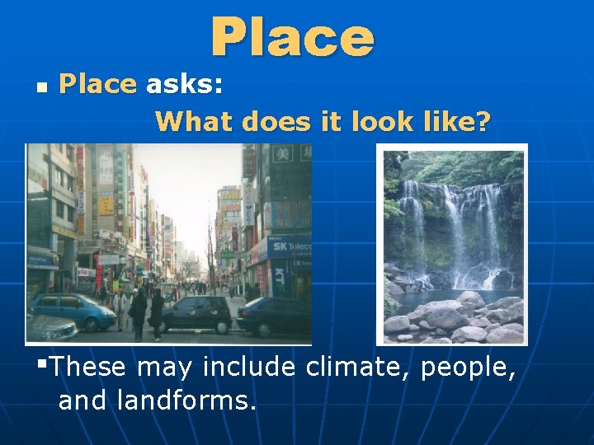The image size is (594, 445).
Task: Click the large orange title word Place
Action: tap(292, 38)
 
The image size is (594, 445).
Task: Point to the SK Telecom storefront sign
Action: tap(290, 245)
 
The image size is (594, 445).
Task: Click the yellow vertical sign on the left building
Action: tap(106, 203)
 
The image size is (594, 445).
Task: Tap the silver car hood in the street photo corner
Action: tap(49, 328)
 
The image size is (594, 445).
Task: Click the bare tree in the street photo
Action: tap(213, 247)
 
